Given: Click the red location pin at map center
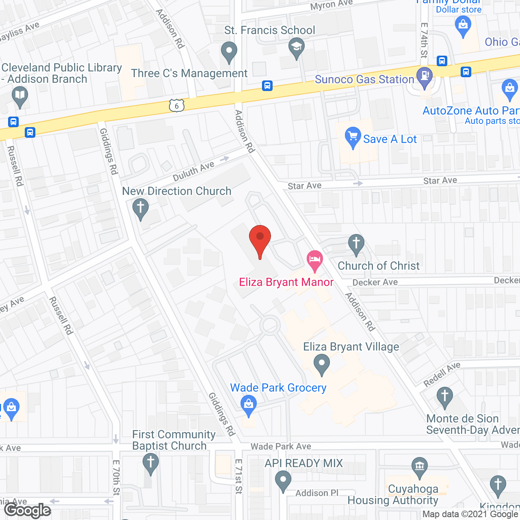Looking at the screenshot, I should [260, 238].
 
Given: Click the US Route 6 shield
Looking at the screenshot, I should [177, 106].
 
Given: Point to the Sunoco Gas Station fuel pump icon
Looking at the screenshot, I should [425, 77].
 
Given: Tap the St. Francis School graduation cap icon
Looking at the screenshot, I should [297, 47].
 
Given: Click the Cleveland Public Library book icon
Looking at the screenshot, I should [19, 97].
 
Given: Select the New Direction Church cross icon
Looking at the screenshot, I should [141, 208].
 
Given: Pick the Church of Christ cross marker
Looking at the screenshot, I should [356, 244].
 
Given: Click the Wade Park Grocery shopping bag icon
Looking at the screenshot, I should [249, 405].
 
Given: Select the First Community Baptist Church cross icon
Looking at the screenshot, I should [151, 463].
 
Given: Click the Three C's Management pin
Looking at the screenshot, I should [229, 52].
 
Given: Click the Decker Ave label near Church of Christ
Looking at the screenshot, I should [375, 282].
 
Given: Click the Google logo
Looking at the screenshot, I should [28, 510].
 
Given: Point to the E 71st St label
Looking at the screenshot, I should [239, 476].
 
